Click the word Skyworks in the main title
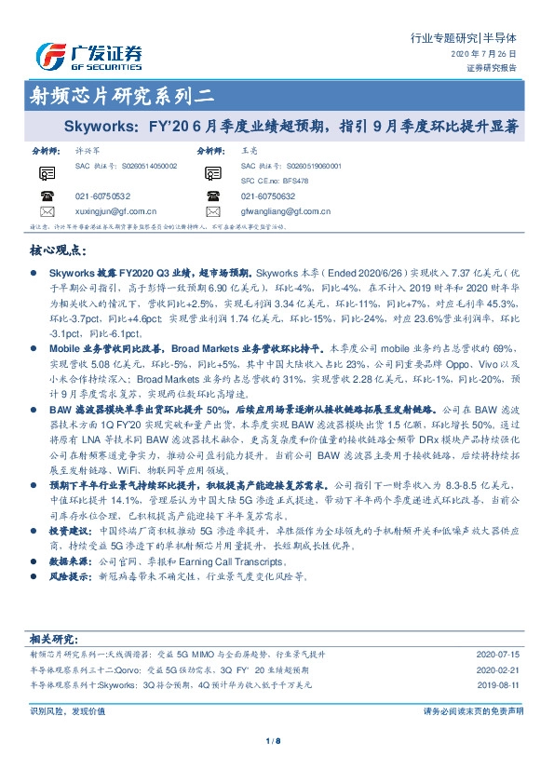pos(94,124)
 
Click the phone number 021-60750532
pos(102,196)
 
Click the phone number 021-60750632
pos(267,196)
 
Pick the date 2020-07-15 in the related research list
pos(500,656)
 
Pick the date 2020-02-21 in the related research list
pos(500,669)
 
